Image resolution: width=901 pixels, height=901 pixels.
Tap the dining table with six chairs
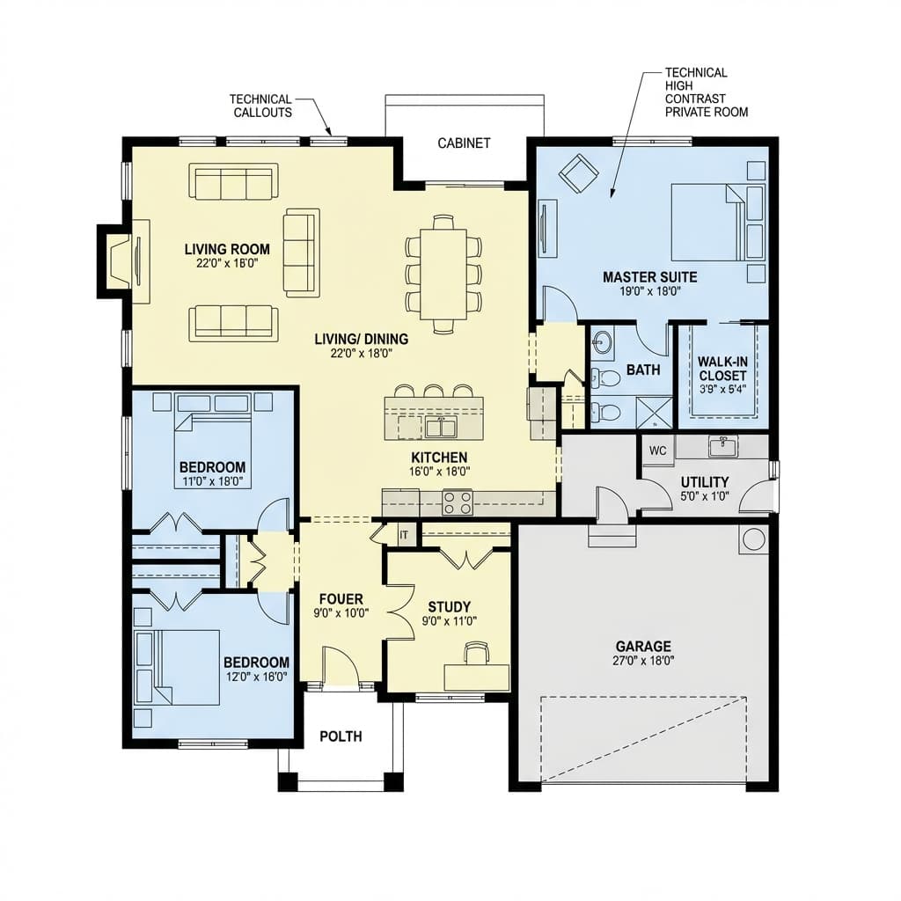(443, 274)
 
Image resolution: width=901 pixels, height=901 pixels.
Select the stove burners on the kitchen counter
(457, 502)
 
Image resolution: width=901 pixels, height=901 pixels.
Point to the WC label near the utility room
(657, 450)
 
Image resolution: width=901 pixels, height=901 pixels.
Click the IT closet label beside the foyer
(405, 534)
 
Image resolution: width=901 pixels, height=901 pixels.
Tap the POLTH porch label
(341, 736)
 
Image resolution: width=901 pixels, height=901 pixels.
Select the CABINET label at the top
(464, 143)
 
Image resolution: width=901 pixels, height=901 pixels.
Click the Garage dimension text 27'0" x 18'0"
(643, 660)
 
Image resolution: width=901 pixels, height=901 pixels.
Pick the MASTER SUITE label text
(649, 277)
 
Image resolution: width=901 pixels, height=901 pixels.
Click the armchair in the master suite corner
(578, 173)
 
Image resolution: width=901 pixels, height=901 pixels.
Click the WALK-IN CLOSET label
(722, 368)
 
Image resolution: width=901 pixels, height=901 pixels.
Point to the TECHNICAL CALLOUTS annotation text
(260, 106)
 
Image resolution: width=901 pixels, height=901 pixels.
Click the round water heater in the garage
(753, 539)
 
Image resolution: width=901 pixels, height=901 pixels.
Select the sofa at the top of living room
(233, 181)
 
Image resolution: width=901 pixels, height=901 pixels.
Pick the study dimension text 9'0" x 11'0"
(449, 620)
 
